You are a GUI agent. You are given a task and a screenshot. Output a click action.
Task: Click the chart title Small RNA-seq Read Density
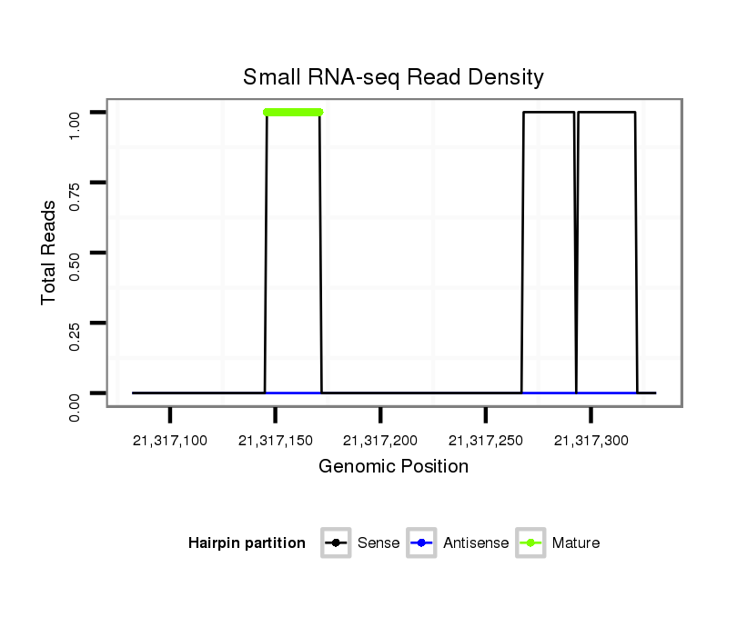point(393,77)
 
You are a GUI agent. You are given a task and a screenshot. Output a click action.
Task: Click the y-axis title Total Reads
point(50,253)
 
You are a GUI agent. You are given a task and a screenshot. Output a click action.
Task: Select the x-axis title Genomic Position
point(393,467)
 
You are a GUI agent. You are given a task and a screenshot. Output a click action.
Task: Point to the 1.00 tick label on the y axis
point(76,112)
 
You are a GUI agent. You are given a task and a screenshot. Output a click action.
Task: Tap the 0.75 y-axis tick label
point(76,183)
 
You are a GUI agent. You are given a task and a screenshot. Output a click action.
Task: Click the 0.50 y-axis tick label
point(76,253)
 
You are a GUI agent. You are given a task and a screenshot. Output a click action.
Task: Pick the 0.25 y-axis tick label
point(76,323)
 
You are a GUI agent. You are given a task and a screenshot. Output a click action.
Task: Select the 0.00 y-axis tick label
point(76,393)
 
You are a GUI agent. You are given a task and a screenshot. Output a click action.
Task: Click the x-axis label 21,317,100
point(170,441)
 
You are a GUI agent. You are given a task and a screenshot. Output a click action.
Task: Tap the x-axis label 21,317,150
point(275,441)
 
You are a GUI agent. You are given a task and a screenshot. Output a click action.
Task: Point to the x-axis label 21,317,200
point(380,441)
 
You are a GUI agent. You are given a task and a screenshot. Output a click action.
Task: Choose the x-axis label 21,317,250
point(486,441)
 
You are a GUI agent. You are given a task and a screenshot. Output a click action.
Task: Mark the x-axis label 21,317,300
point(591,441)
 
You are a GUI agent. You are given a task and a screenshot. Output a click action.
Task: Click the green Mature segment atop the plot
point(293,112)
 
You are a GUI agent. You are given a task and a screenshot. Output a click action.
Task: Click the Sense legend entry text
point(379,543)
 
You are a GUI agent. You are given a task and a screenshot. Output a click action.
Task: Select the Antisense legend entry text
point(476,543)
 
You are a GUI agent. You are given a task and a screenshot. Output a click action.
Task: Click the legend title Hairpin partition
point(247,543)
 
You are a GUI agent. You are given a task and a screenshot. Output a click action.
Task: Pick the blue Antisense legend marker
point(422,543)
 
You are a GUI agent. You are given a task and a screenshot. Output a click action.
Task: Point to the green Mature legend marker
point(530,543)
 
